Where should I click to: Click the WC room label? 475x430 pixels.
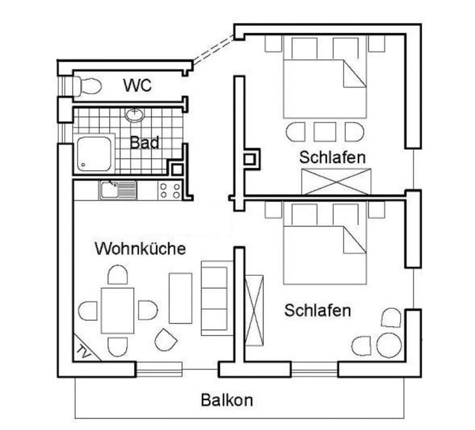[x=137, y=85]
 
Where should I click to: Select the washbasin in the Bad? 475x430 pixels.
[x=135, y=115]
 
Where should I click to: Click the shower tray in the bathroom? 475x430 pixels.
[x=94, y=153]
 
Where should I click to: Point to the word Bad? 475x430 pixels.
[x=145, y=143]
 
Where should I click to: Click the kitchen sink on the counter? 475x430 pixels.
[x=117, y=190]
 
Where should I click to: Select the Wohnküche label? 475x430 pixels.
[x=140, y=248]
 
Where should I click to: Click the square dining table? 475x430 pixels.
[x=117, y=311]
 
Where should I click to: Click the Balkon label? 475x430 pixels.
[x=227, y=400]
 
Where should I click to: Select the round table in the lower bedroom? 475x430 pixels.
[x=389, y=345]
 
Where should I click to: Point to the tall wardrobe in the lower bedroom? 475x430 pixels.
[x=254, y=310]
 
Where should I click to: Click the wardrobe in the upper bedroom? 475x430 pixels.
[x=336, y=182]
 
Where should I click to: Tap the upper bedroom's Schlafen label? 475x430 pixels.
[x=332, y=157]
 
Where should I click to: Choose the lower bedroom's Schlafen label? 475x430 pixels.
[x=317, y=311]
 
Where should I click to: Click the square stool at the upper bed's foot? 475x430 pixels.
[x=325, y=131]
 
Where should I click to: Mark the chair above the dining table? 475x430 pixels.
[x=117, y=274]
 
